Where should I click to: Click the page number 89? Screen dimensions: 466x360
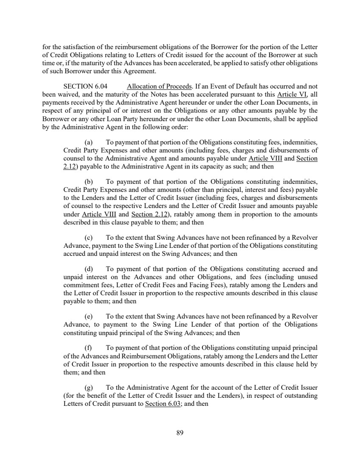(180, 433)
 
